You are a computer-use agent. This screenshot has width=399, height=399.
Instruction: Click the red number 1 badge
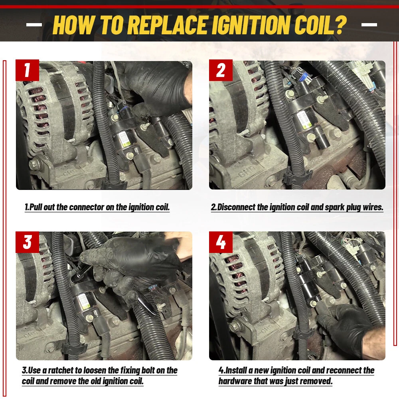[27, 70]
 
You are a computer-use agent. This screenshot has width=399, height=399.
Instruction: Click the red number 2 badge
[221, 70]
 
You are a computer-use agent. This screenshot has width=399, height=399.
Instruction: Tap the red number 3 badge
[27, 242]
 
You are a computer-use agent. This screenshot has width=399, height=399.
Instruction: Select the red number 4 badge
[221, 242]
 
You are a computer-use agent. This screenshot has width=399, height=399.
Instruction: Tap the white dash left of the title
[34, 25]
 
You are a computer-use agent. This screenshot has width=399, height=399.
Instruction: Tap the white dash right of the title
[369, 25]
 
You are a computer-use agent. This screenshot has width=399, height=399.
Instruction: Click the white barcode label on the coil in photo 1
[124, 139]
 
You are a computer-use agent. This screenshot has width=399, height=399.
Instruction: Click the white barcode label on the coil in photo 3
[84, 302]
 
